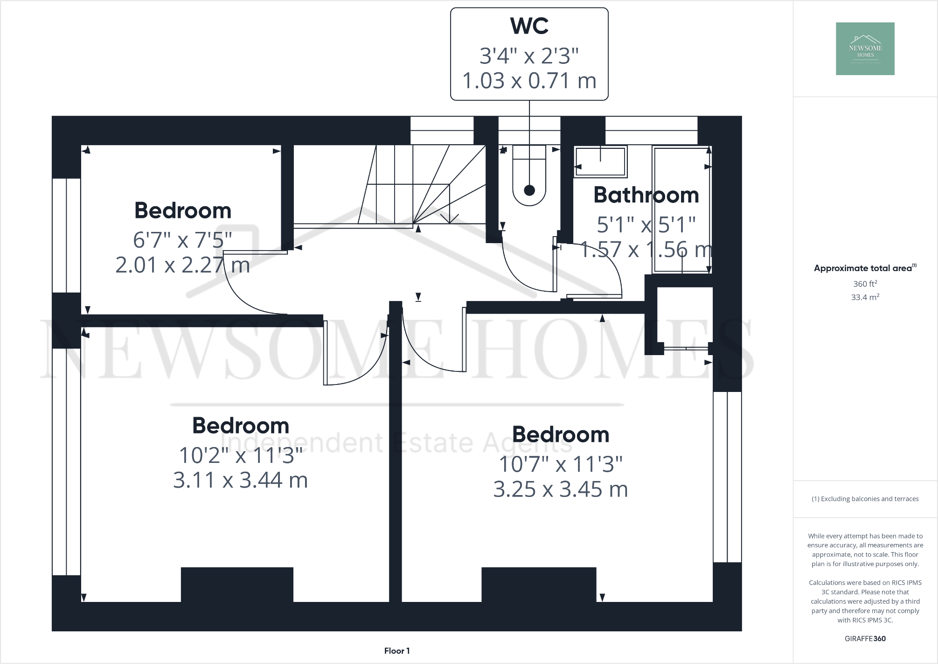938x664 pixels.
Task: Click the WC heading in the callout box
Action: click(x=529, y=26)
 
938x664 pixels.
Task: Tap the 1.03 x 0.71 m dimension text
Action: click(x=529, y=81)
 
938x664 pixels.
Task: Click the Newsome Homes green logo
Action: click(x=865, y=49)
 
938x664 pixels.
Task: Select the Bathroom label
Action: click(x=646, y=195)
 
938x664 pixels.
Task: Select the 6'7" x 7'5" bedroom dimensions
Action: click(x=182, y=240)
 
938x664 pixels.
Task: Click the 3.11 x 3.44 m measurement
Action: click(x=240, y=480)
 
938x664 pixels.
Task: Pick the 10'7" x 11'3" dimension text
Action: click(x=560, y=464)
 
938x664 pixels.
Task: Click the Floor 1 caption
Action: click(x=396, y=651)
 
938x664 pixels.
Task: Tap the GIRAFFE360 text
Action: click(x=865, y=639)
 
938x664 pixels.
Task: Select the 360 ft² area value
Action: click(x=865, y=284)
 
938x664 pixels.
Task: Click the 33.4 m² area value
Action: click(x=865, y=297)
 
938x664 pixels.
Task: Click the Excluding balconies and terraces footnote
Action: click(x=865, y=499)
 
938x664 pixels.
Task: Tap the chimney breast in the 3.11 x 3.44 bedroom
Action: click(x=237, y=584)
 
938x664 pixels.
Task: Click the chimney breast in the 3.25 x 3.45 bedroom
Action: click(x=538, y=584)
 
